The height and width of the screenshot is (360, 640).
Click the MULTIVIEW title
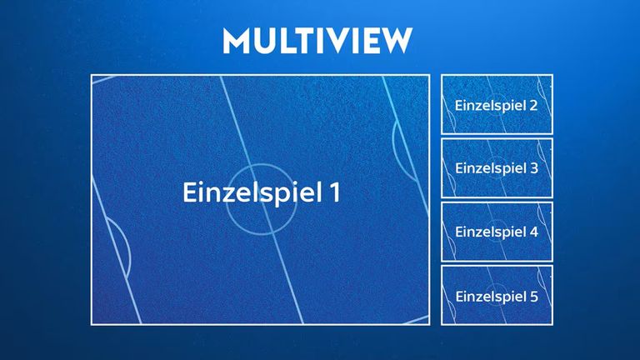[x=317, y=40]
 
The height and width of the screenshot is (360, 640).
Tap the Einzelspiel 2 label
[x=497, y=106]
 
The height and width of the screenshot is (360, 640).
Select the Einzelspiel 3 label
[x=497, y=168]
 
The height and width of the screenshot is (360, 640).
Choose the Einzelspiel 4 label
[x=497, y=232]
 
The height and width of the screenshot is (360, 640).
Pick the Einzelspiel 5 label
[x=497, y=295]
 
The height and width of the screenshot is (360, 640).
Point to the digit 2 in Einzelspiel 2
[x=533, y=106]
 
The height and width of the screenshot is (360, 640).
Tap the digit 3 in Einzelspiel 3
[x=533, y=168]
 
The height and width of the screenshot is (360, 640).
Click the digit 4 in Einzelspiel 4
[x=533, y=232]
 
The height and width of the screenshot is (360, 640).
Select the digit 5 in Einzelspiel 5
[x=533, y=295]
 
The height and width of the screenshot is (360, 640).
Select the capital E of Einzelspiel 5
[x=460, y=295]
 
